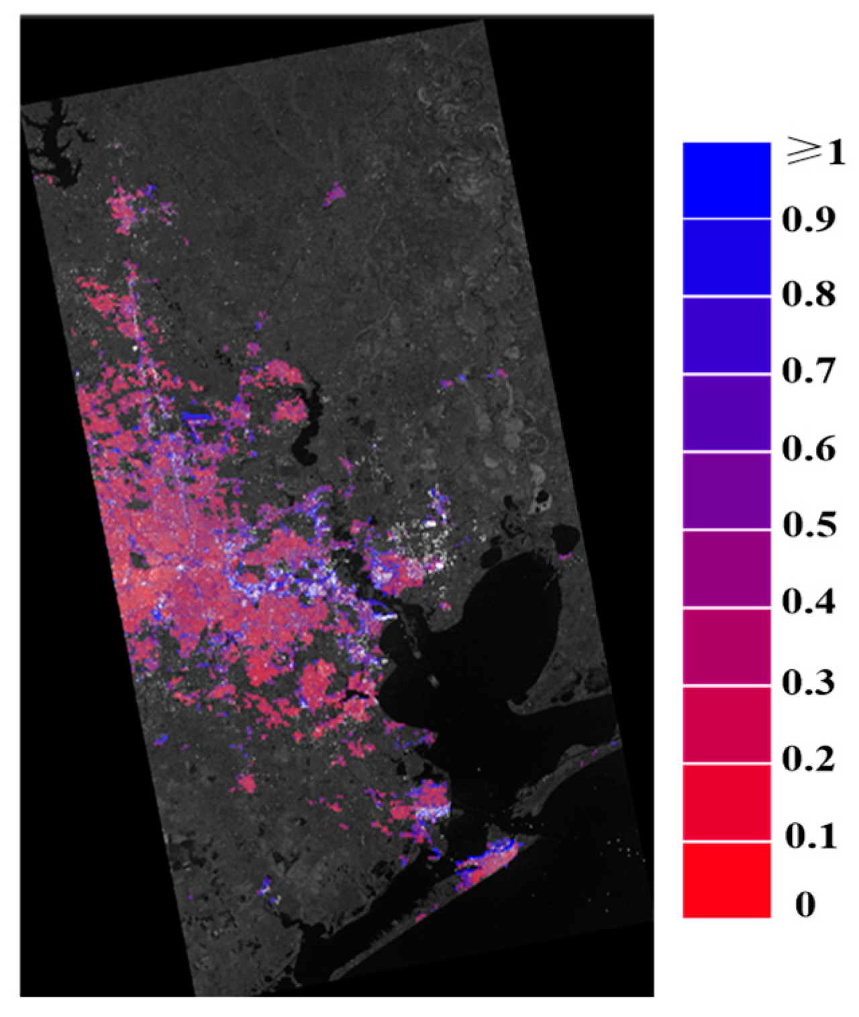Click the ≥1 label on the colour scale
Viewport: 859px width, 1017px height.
815,153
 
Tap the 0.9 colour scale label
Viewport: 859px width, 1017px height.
809,219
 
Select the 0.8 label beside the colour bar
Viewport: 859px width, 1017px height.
809,295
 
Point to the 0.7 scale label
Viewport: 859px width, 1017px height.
809,371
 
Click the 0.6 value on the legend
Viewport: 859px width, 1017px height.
809,448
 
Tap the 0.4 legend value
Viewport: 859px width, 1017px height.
809,601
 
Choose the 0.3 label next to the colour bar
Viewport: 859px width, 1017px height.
809,682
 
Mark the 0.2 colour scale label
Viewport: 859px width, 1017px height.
809,759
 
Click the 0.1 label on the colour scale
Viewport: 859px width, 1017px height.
810,836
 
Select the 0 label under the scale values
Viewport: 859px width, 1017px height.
805,904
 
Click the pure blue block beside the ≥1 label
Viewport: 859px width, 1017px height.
726,180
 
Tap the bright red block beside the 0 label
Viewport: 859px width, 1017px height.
726,880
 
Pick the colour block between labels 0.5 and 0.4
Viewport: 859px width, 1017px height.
726,569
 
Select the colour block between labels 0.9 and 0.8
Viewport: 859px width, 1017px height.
726,257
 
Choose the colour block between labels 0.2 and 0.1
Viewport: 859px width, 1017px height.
726,802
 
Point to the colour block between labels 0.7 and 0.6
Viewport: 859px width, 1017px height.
726,412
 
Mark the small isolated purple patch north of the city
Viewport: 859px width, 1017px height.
334,195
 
